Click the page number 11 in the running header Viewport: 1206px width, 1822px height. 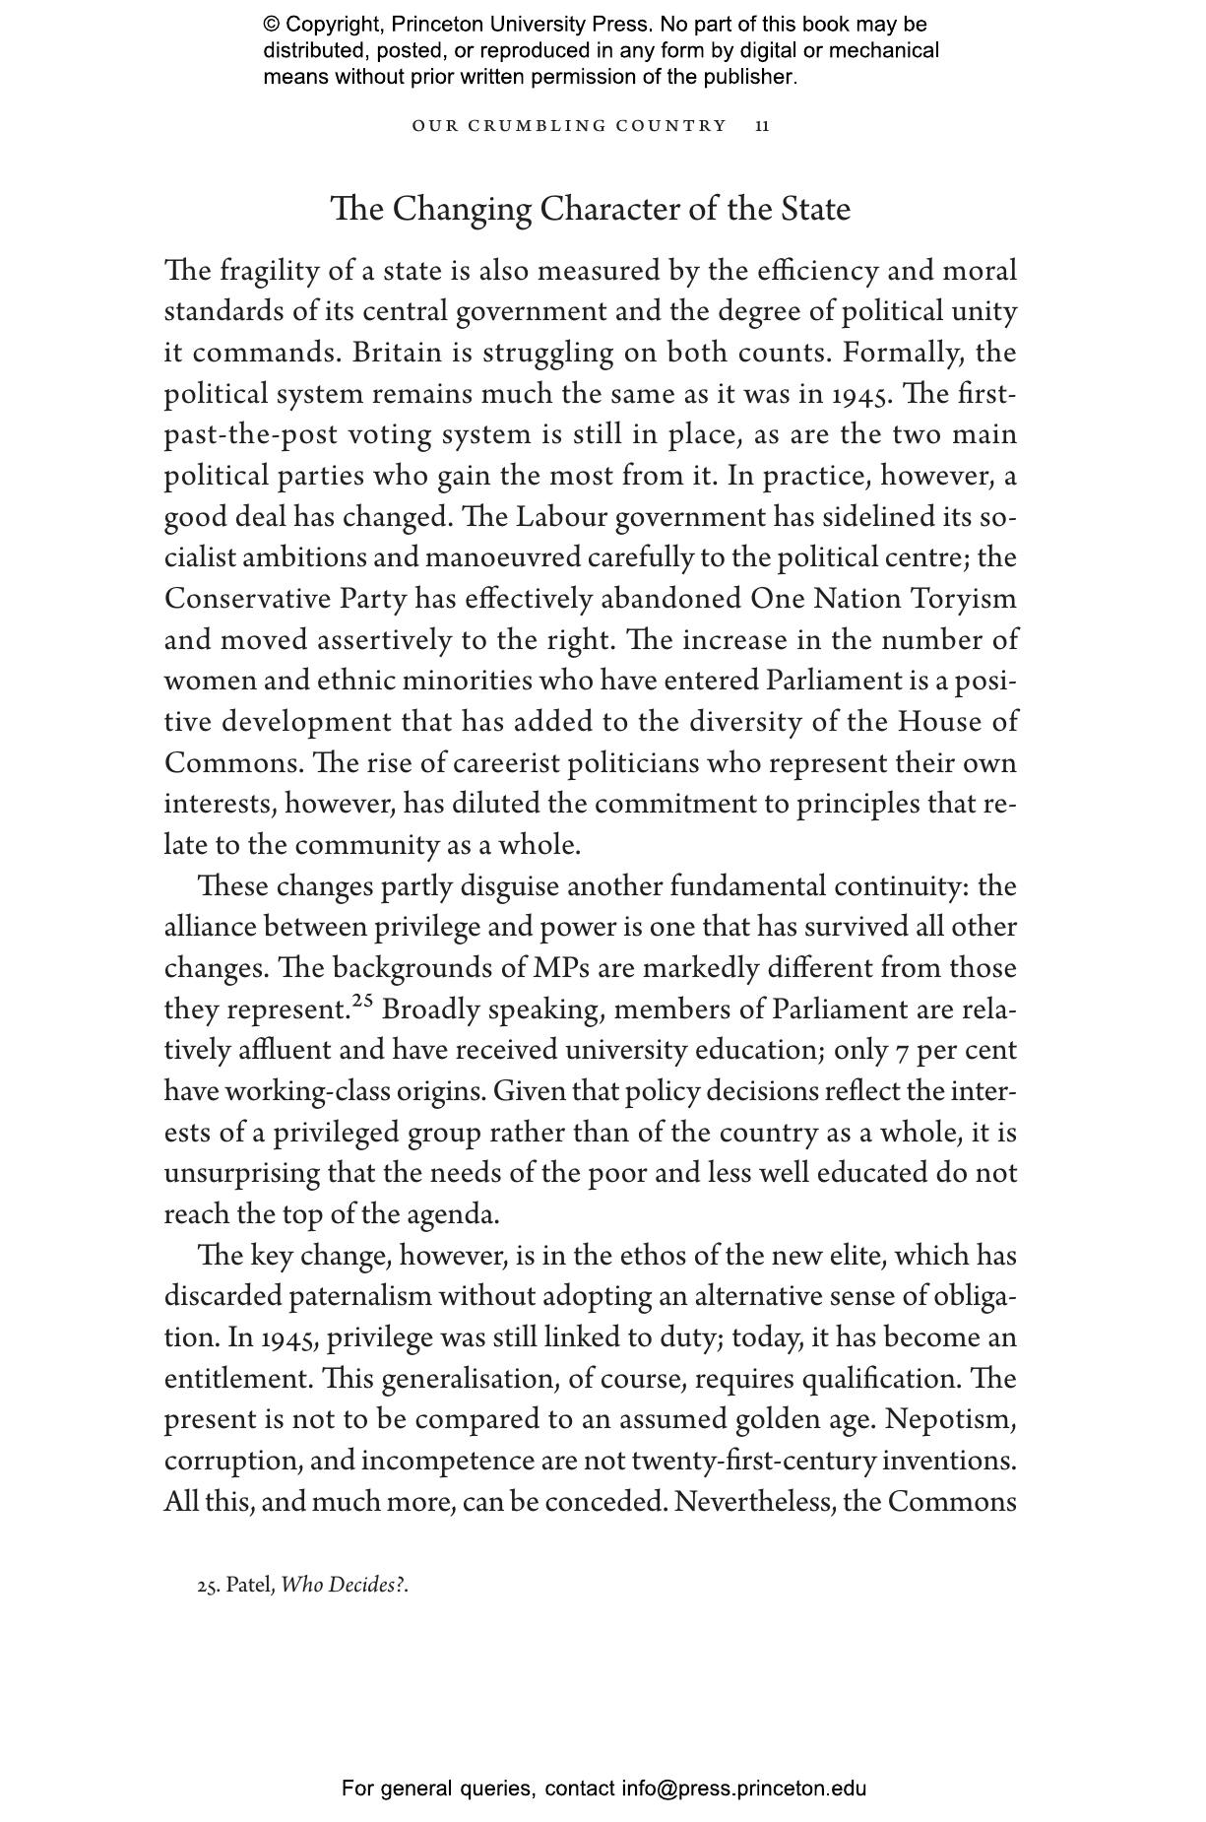762,126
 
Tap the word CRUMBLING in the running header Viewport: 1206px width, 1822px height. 535,126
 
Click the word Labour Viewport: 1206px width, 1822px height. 561,517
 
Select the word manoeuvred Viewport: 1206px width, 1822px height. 503,558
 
